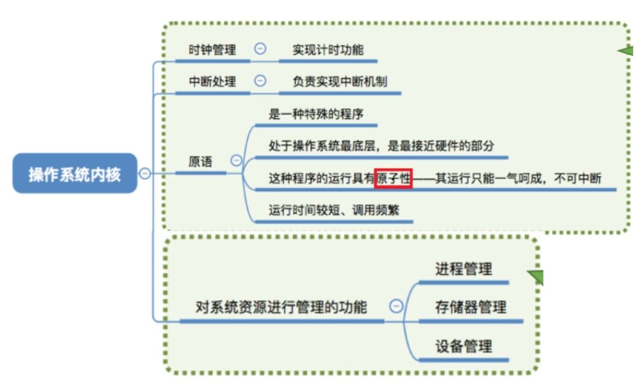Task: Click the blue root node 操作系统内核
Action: coord(75,173)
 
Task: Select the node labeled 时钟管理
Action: coord(212,49)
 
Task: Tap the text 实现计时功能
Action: coord(328,49)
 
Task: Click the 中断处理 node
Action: coord(212,81)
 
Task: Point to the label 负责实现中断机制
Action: coord(338,81)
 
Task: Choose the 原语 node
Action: coord(200,161)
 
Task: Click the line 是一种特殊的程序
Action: coord(316,114)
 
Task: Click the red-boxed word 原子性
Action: coord(393,178)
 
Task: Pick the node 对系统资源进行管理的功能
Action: coord(281,307)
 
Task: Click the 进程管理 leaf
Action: coord(464,269)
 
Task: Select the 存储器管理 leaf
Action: coord(470,307)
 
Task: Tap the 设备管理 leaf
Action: coord(464,346)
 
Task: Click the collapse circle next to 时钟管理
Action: coord(260,49)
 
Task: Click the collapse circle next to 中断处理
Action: coord(260,81)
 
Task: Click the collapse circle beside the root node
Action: coord(145,173)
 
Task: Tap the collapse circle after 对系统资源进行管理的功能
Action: coord(396,306)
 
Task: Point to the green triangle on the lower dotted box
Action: coord(536,276)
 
